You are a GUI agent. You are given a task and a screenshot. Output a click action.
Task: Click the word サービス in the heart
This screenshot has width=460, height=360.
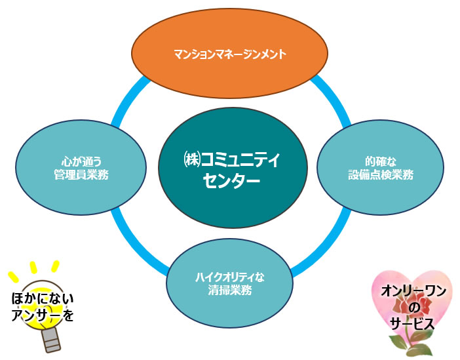pos(413,324)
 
